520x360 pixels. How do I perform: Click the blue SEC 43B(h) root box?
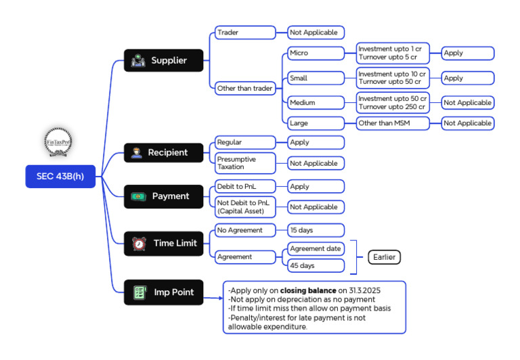tap(60, 177)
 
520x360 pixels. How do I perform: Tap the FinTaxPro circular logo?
tap(58, 142)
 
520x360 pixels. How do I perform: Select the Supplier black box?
tap(163, 60)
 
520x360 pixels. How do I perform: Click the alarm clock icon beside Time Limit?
tap(139, 244)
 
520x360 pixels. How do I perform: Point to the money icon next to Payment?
tap(138, 196)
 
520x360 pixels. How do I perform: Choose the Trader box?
tap(245, 32)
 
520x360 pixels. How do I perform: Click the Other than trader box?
tap(245, 88)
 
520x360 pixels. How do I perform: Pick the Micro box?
tap(316, 53)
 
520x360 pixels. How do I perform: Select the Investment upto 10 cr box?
tap(393, 78)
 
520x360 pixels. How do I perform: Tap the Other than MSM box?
tap(393, 123)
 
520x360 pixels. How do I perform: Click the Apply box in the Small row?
tap(468, 78)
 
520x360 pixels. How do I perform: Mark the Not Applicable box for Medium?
tap(468, 103)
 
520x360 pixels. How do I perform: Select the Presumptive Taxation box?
tap(245, 163)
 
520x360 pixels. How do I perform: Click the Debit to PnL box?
tap(245, 186)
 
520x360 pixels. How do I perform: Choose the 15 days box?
tap(316, 230)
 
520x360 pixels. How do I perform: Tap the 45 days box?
tap(316, 265)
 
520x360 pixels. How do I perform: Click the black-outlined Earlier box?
tap(385, 257)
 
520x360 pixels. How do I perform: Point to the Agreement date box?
tap(316, 248)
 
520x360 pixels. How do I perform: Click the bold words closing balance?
tap(308, 290)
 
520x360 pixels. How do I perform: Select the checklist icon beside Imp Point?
tap(140, 293)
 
